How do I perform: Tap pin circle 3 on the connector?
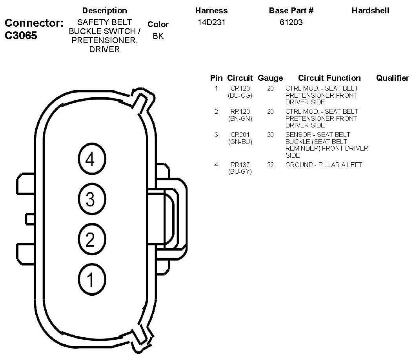90,199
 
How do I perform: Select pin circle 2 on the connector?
90,239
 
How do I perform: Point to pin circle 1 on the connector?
90,279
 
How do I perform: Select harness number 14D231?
211,22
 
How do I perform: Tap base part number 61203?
291,22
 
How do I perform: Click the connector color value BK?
158,36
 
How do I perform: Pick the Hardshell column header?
370,11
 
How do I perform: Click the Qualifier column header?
392,78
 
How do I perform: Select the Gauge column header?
270,78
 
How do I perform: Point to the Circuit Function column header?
329,78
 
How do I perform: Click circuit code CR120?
240,89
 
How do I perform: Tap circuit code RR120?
240,112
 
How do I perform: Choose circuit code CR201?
240,135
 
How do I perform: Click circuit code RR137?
240,165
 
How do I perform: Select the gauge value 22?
270,165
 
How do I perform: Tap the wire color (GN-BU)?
240,142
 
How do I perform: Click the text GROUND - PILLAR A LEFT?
324,165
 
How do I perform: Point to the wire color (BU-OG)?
240,95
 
